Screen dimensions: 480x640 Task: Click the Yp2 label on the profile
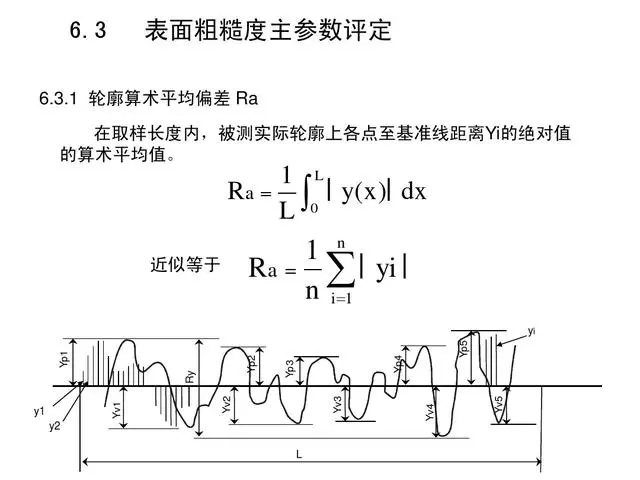[251, 364]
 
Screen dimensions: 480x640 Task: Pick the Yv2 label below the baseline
[226, 405]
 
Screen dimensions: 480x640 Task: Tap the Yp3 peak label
[290, 368]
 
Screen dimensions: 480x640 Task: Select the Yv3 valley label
[337, 405]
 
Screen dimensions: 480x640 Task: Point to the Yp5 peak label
[463, 348]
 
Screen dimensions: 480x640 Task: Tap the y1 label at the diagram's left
[39, 411]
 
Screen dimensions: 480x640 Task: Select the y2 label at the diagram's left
[55, 427]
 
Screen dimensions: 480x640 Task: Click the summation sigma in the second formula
[339, 267]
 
